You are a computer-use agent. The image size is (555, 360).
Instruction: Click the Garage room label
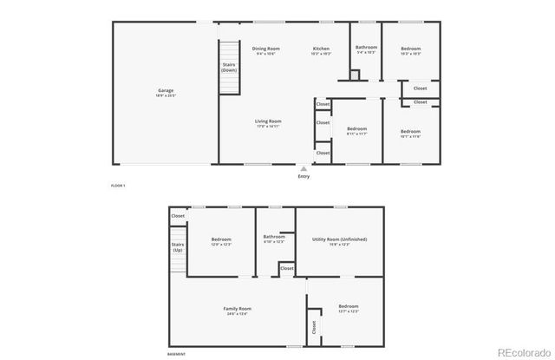click(166, 90)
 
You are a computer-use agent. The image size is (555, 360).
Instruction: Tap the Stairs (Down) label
click(229, 67)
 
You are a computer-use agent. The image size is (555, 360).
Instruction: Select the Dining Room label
click(266, 49)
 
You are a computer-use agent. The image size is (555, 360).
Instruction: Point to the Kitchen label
click(321, 49)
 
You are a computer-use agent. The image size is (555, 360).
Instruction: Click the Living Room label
click(268, 121)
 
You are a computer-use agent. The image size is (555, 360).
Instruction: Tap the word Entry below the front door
click(304, 176)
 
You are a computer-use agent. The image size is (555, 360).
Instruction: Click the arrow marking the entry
click(303, 168)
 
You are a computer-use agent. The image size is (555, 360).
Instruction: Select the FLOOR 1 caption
click(118, 186)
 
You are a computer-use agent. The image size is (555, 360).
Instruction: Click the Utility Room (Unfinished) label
click(339, 239)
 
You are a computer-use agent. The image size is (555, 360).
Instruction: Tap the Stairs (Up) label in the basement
click(178, 247)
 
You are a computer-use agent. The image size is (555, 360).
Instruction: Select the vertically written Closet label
click(314, 326)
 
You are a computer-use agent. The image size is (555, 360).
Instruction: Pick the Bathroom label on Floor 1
click(366, 47)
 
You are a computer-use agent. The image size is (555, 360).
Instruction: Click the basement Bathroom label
click(275, 236)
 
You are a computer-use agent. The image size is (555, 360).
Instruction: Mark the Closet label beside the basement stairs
click(178, 216)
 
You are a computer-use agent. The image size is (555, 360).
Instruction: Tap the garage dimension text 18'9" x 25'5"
click(166, 95)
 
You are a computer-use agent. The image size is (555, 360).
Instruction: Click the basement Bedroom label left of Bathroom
click(221, 239)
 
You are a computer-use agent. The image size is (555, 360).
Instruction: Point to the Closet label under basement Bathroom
click(286, 270)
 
